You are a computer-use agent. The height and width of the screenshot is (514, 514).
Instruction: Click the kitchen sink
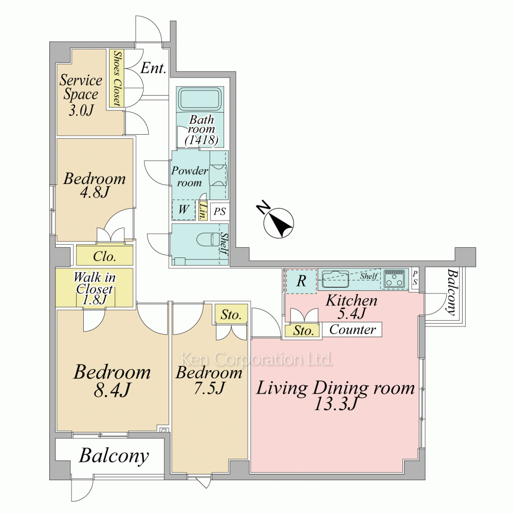point(335,279)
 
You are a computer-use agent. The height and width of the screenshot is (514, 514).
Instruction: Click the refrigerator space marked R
point(301,281)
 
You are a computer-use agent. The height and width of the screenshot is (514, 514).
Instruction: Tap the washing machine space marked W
point(183,209)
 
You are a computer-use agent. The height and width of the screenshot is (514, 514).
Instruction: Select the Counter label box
point(353,329)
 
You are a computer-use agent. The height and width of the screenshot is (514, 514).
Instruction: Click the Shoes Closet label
point(116,78)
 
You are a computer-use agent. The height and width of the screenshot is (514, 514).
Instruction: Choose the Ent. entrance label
point(153,68)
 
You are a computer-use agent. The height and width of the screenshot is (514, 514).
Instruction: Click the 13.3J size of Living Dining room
point(335,404)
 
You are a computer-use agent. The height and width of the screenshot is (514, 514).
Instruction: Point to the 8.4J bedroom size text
point(112,390)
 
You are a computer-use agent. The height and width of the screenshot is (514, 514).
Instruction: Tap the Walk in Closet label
point(95,288)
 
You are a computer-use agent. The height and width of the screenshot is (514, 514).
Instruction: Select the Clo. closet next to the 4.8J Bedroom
point(104,255)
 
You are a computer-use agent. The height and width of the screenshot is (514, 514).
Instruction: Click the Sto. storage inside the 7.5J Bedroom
point(231,315)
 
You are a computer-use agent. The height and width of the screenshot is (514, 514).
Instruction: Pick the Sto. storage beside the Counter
point(304,331)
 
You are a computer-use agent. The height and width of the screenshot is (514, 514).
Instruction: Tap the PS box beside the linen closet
point(219,211)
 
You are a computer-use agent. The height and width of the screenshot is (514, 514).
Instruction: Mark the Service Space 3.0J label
point(81,95)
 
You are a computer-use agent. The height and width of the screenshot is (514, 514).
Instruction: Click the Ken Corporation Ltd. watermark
point(257,359)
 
